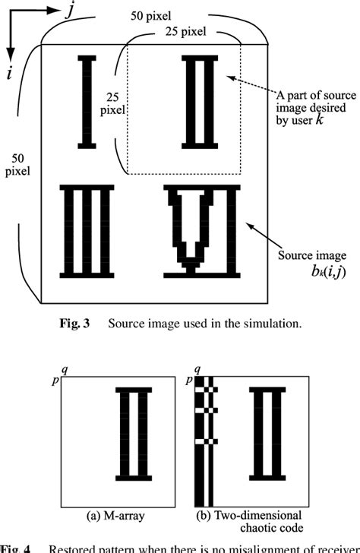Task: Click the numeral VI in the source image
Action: [x=202, y=231]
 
